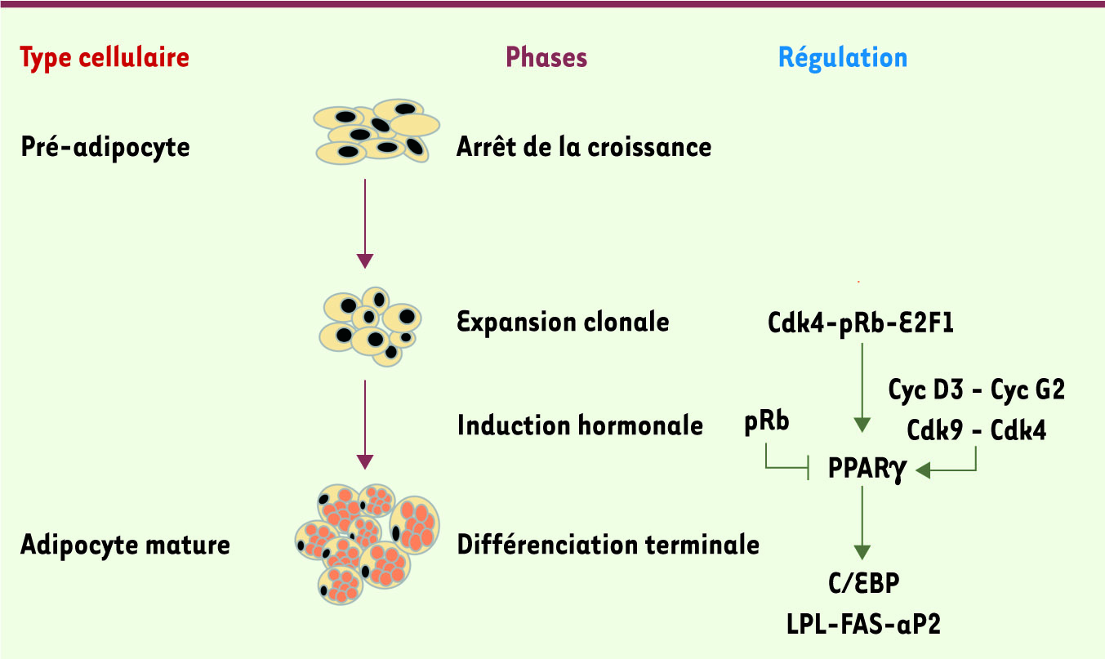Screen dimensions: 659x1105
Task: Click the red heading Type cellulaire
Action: (105, 58)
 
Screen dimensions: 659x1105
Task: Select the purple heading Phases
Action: (546, 58)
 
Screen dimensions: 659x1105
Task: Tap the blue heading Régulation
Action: (842, 58)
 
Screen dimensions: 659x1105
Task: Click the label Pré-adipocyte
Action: (105, 148)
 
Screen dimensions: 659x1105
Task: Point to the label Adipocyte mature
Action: (125, 545)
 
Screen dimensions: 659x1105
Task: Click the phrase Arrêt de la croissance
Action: (584, 148)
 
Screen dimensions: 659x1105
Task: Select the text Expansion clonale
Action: (563, 322)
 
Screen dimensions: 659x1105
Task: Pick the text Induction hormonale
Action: (580, 425)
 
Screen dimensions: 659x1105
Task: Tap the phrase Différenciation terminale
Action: (608, 545)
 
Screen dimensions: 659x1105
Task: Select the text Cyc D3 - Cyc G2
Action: (977, 390)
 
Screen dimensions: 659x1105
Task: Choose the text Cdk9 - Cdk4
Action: (977, 430)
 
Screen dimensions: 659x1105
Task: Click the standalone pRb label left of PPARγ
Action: (767, 425)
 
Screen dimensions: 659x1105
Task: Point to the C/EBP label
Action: (863, 585)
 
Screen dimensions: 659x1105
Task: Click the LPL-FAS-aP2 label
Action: (863, 625)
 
